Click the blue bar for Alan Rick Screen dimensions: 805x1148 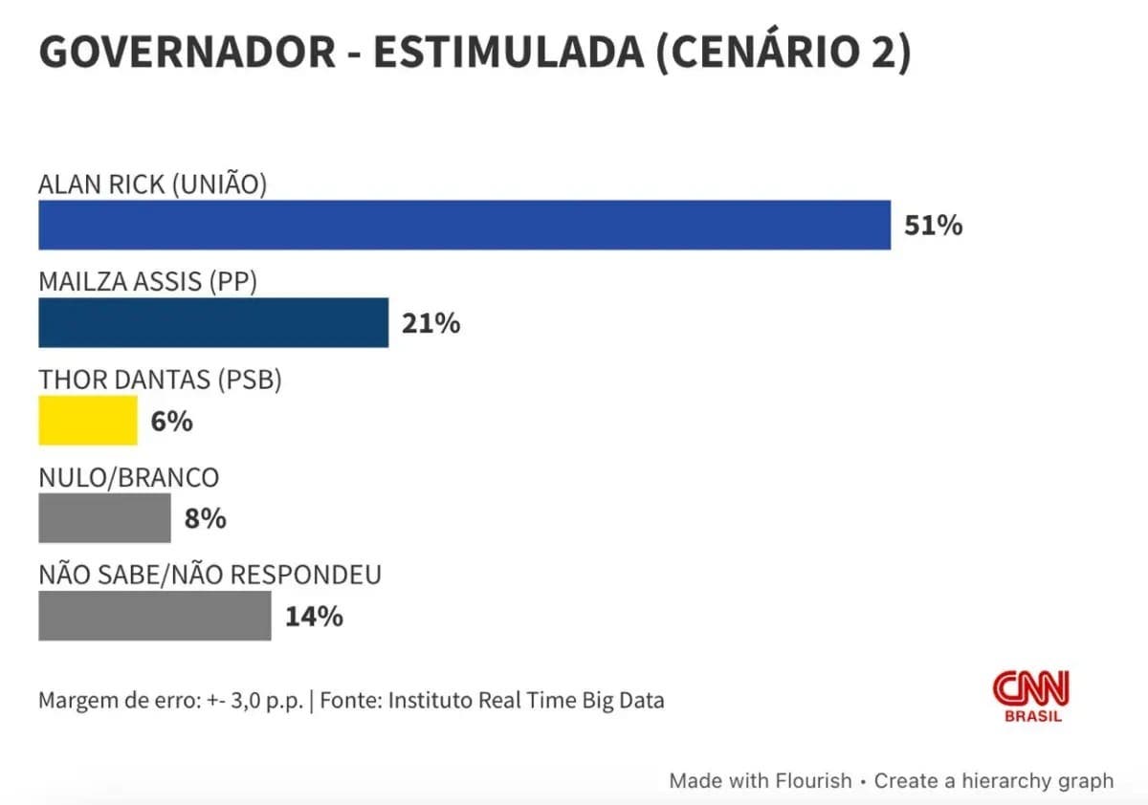point(464,225)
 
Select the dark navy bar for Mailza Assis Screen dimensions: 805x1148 point(213,322)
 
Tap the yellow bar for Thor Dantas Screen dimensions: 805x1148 point(88,421)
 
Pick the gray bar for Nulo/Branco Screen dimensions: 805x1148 point(104,518)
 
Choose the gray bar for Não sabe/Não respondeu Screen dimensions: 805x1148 point(154,616)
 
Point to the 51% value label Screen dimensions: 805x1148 point(934,226)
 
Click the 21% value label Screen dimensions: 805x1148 point(430,323)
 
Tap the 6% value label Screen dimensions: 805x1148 point(171,421)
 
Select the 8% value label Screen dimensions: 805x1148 point(205,518)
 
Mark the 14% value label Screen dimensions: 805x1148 point(314,617)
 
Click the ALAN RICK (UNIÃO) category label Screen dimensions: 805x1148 point(152,184)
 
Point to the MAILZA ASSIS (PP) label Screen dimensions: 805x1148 point(147,282)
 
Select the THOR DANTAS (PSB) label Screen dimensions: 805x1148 point(160,380)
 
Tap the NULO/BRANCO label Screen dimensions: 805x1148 point(128,477)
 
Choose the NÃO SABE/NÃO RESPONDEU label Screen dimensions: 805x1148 point(210,575)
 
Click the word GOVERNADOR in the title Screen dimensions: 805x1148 point(187,53)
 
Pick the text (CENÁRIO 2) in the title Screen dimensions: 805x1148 point(782,53)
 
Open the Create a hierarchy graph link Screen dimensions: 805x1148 point(993,780)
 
